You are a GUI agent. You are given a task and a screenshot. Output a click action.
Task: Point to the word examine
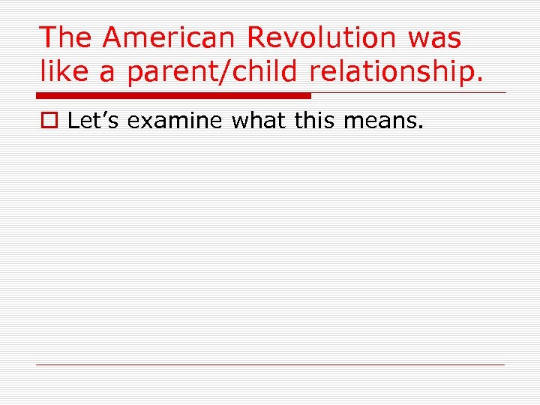(x=176, y=120)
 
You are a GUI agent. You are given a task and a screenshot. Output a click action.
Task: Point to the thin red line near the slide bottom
(x=270, y=364)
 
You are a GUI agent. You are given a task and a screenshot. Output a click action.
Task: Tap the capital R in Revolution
(x=259, y=37)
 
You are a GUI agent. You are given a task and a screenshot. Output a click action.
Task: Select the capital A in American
(x=116, y=37)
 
